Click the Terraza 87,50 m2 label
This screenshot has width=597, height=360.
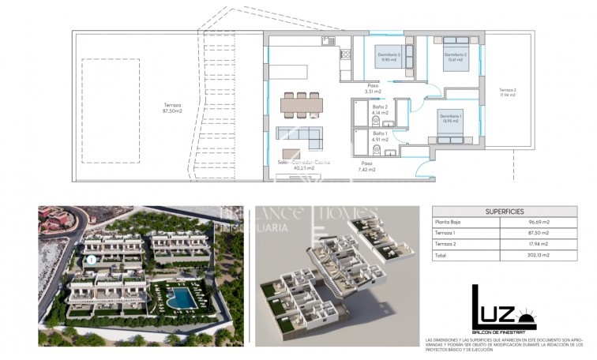(171, 108)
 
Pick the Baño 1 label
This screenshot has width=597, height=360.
(379, 137)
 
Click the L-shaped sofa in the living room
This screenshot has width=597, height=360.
(302, 138)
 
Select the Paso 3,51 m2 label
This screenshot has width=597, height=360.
(373, 88)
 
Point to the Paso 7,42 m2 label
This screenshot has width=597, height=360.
(366, 166)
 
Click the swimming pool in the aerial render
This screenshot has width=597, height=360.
(181, 298)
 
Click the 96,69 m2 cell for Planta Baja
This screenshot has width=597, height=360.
(539, 223)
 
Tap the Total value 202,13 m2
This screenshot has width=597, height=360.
(539, 255)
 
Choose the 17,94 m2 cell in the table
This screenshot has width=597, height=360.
(539, 244)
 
